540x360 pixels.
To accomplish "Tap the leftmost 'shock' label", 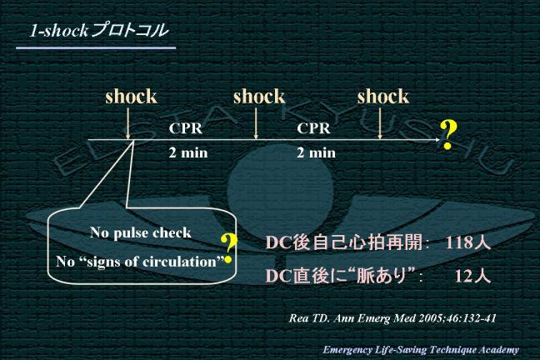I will pos(131,97).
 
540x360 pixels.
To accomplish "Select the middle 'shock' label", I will pos(258,97).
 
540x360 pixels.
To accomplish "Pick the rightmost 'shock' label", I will pos(383,97).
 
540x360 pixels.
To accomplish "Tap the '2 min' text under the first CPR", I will pos(187,153).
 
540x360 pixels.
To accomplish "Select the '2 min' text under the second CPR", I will pos(317,153).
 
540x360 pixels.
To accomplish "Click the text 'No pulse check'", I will pos(141,232).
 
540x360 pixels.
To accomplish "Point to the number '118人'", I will pos(468,244).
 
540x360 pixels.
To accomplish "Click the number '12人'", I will pos(472,276).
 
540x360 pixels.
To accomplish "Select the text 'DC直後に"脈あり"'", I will pos(341,276).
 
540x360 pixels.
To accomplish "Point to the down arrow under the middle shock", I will pos(256,125).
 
